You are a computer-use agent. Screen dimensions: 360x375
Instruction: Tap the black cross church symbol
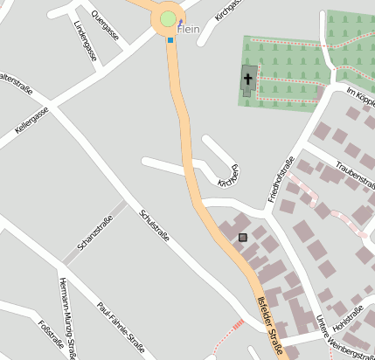point(248,81)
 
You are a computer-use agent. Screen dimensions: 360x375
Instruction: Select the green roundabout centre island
point(169,19)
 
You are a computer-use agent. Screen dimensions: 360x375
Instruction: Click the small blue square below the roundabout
point(170,39)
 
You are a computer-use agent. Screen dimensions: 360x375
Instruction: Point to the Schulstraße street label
point(154,225)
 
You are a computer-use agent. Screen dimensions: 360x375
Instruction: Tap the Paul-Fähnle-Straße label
point(121,329)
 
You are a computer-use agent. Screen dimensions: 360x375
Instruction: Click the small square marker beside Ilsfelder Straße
point(243,237)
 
